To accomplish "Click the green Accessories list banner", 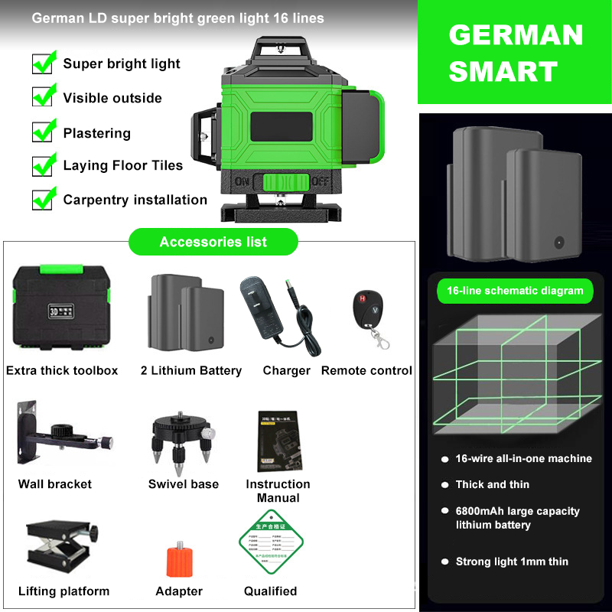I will point(213,242).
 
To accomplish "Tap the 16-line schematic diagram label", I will point(515,291).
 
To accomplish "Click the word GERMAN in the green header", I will point(515,35).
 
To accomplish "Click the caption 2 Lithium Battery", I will point(191,371).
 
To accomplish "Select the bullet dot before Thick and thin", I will point(444,485).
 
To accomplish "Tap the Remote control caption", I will point(366,371).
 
